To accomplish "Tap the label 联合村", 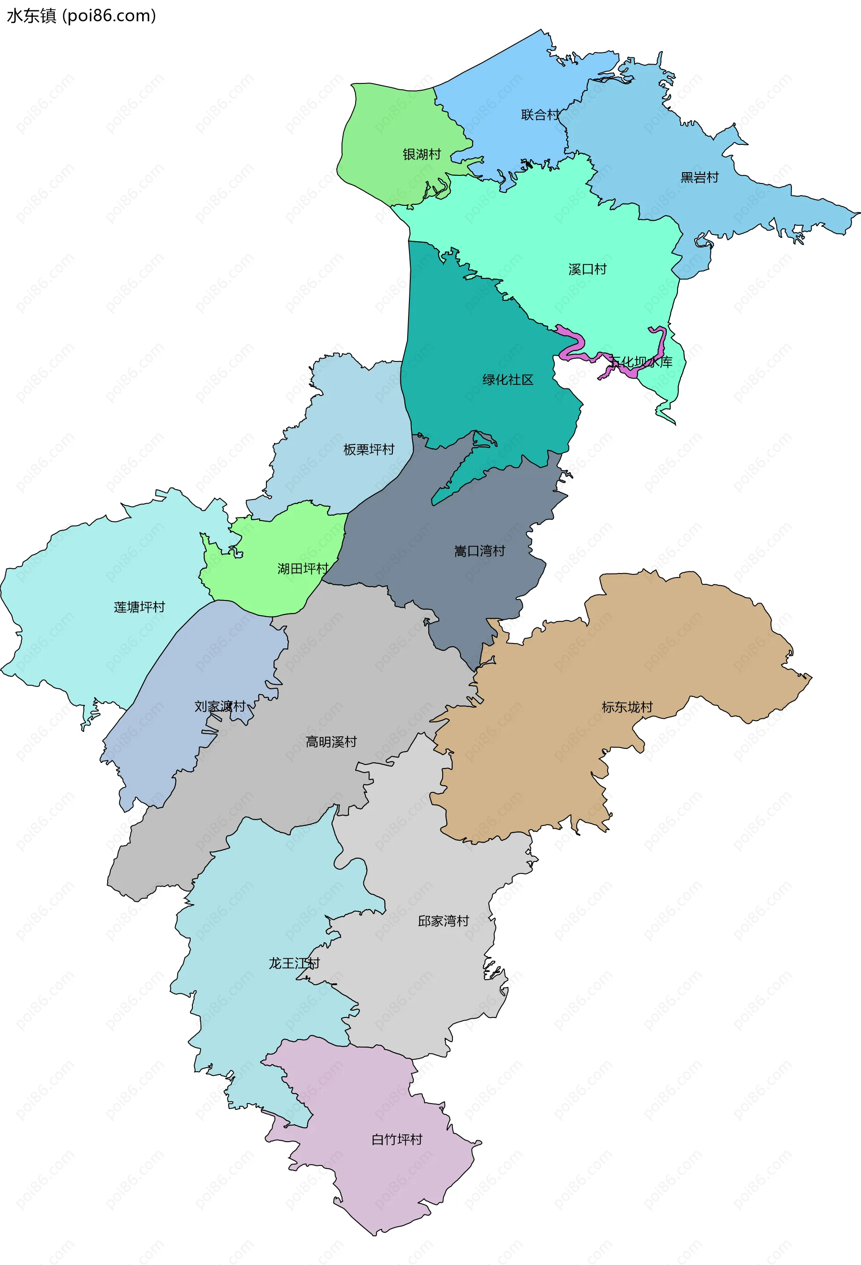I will click(x=540, y=115).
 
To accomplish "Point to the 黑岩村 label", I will click(x=700, y=178).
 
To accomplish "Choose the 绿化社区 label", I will click(x=508, y=380).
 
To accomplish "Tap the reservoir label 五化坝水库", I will click(x=641, y=362).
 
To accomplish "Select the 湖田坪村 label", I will click(x=303, y=569).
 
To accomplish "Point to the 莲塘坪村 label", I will click(x=139, y=607).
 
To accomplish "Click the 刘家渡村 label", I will click(x=220, y=707).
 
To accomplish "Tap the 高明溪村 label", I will click(x=331, y=742).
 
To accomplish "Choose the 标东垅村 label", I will click(x=627, y=707).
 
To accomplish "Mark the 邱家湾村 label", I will click(x=443, y=921).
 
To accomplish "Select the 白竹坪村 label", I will click(x=397, y=1139).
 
